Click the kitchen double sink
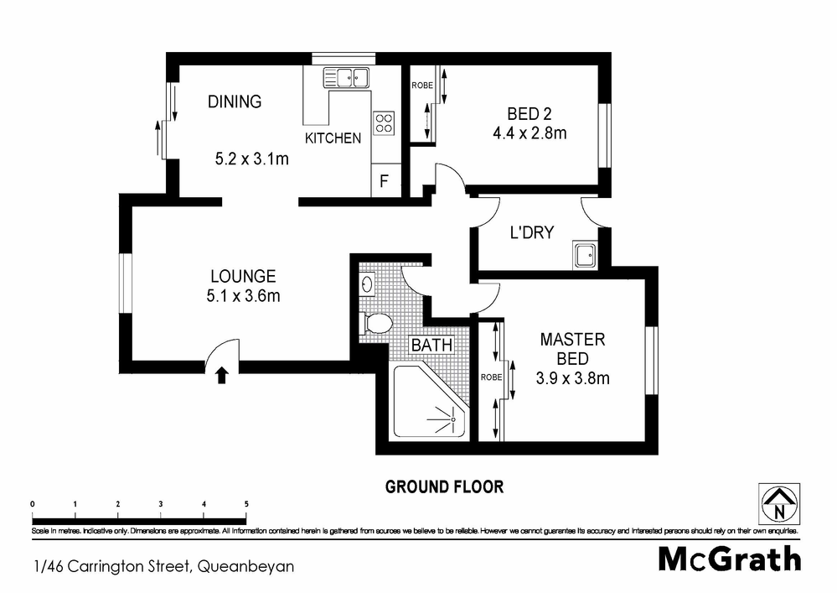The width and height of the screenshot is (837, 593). (x=346, y=78)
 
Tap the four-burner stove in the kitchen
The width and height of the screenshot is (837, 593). (x=384, y=123)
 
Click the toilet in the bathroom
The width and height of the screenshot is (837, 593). (x=376, y=323)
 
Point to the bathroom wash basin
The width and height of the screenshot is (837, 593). (x=366, y=285)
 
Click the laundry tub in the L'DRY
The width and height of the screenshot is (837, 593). (x=584, y=254)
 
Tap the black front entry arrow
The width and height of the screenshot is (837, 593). (x=222, y=375)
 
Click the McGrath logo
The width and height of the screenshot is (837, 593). (x=729, y=558)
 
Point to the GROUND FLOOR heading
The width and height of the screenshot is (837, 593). (x=443, y=486)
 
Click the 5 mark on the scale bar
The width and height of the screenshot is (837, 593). (x=246, y=503)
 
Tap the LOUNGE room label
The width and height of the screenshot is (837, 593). (x=243, y=276)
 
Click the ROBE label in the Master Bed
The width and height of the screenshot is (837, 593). (x=490, y=377)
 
